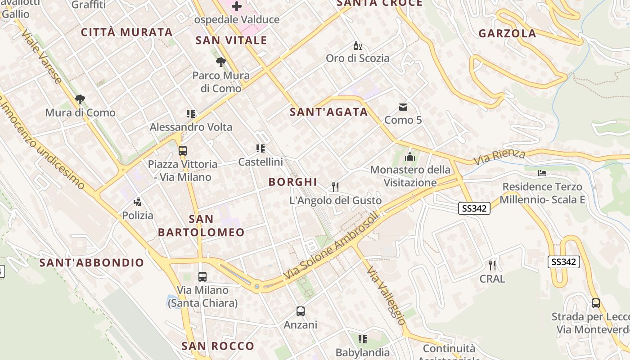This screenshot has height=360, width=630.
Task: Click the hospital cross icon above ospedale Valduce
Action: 236,6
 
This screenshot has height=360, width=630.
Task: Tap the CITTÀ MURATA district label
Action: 126,32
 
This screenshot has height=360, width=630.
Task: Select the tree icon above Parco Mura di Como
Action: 220,62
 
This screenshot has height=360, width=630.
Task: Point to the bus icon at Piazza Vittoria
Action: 183,151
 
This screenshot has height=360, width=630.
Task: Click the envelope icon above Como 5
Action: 403,107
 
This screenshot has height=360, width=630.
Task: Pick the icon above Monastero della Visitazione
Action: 409,157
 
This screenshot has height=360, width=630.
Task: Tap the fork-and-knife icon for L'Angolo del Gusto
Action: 335,187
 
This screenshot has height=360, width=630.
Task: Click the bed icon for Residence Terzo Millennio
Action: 542,173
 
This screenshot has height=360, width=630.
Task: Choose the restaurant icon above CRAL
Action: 492,265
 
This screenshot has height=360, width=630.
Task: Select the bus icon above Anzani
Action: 300,311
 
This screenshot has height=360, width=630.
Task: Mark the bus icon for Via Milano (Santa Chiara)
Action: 202,276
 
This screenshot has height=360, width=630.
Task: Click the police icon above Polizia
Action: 138,202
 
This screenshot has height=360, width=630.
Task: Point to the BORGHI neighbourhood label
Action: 293,182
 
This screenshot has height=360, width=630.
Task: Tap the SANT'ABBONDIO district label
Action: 92,263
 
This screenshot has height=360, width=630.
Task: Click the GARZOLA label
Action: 507,33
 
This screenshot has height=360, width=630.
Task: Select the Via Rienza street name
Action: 499,157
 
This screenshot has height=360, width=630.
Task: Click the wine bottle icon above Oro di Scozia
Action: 358,45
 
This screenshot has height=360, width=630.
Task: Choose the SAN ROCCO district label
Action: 218,346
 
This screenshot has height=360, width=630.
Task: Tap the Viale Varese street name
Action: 42,57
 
